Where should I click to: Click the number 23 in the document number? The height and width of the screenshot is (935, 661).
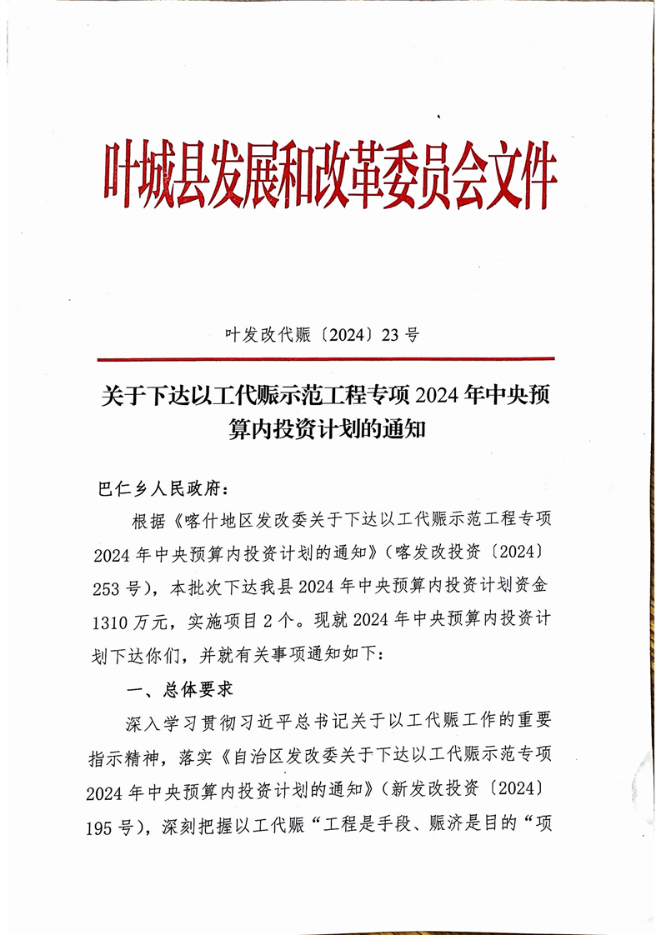coord(390,336)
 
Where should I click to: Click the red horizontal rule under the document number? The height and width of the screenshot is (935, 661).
coord(325,360)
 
